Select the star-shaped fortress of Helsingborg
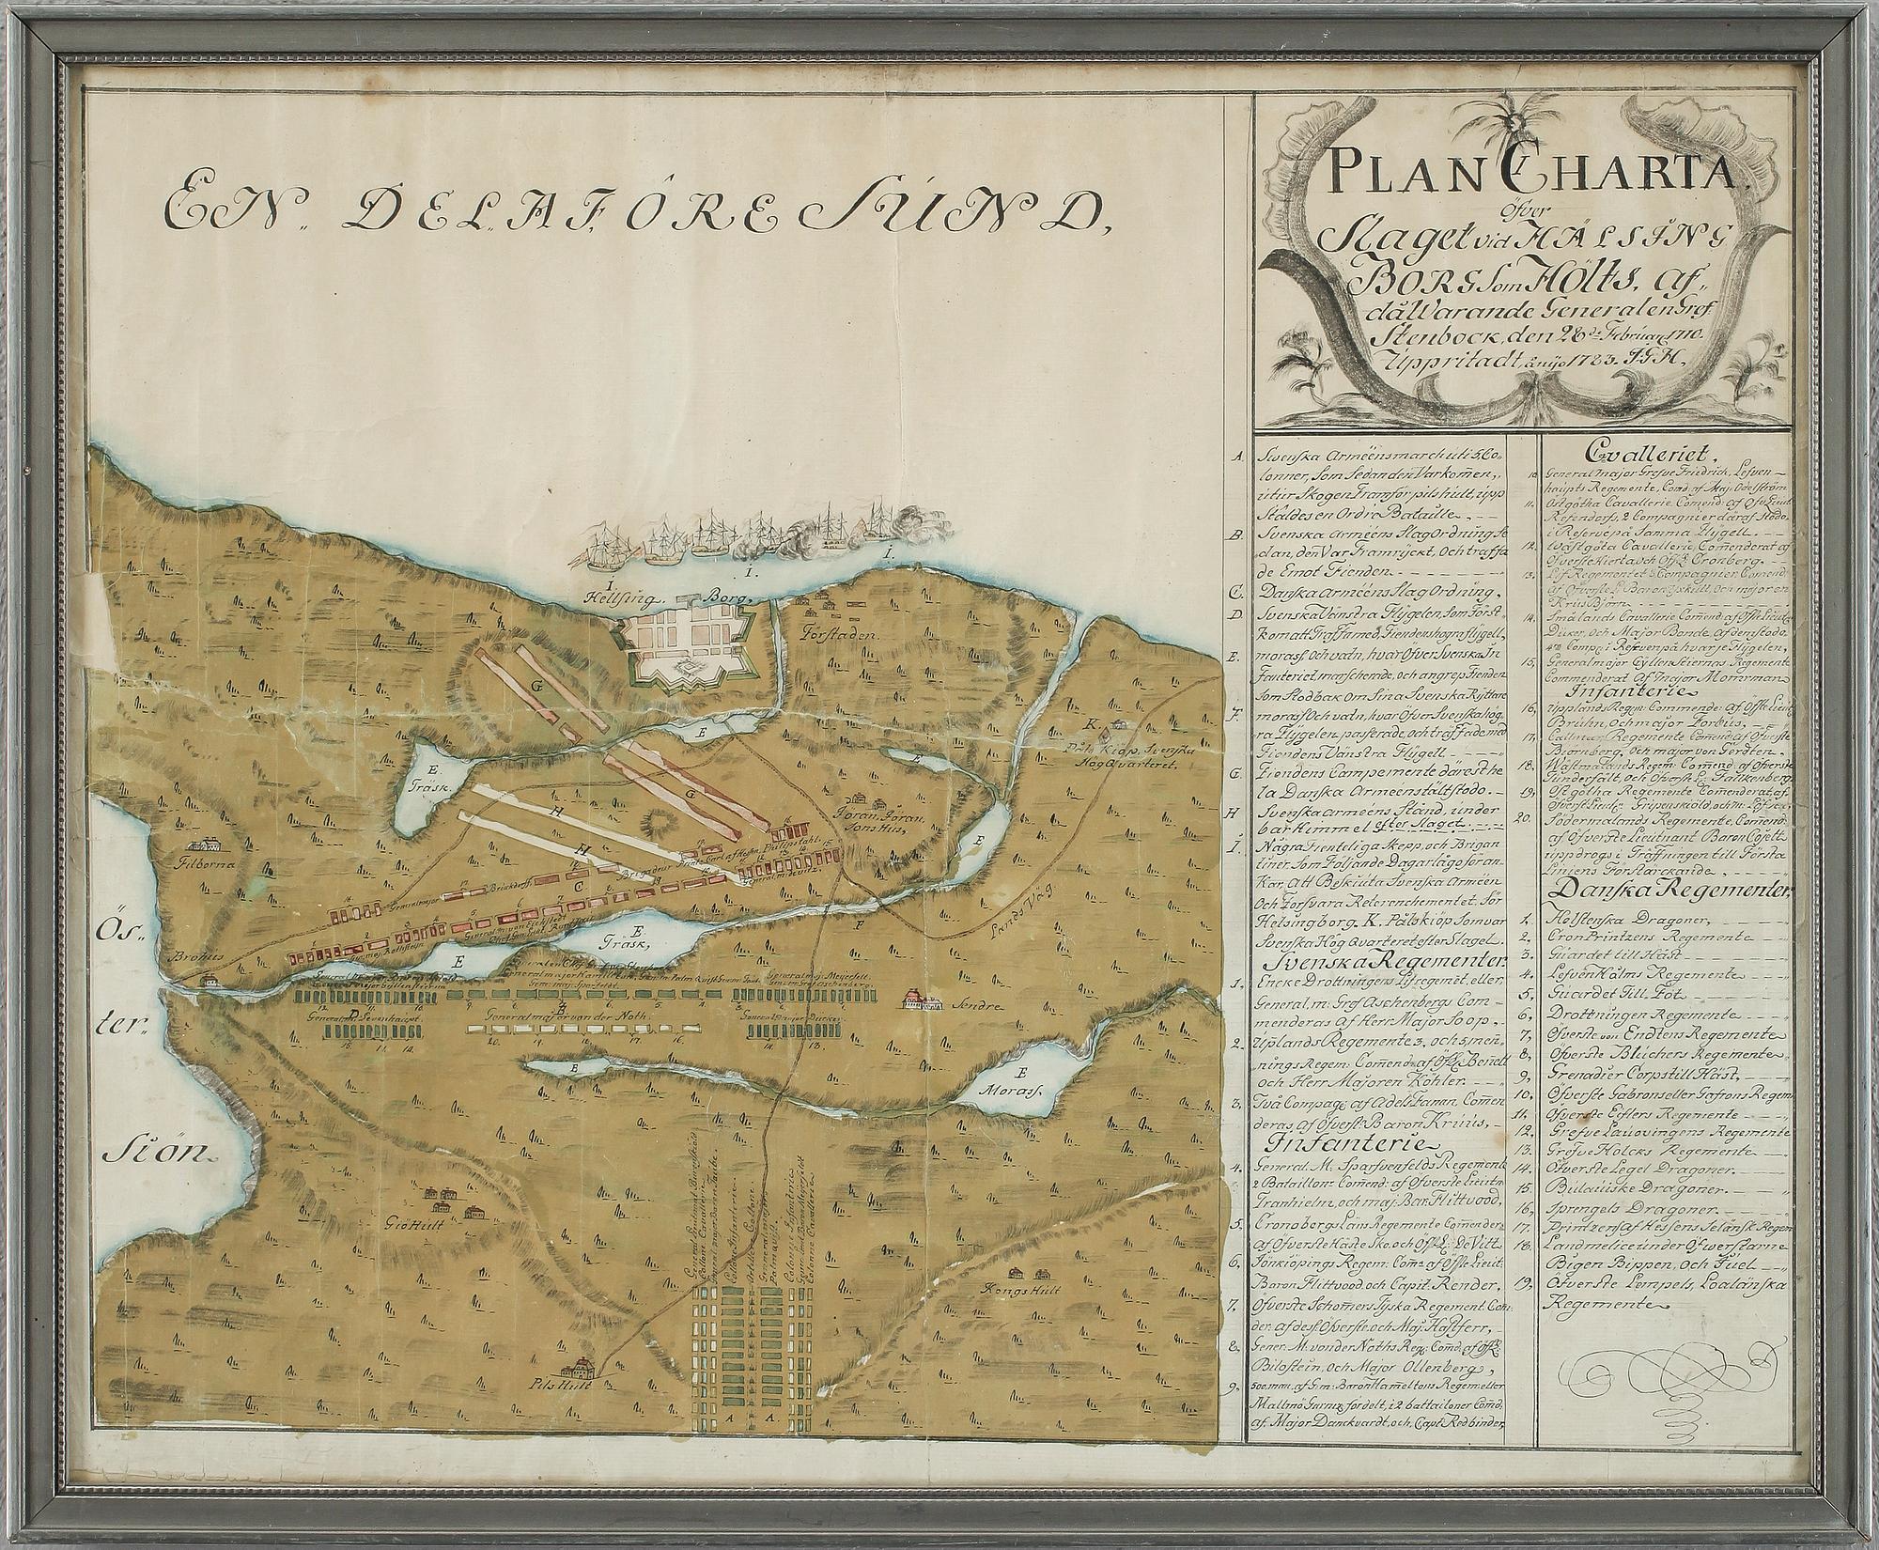pos(697,652)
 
